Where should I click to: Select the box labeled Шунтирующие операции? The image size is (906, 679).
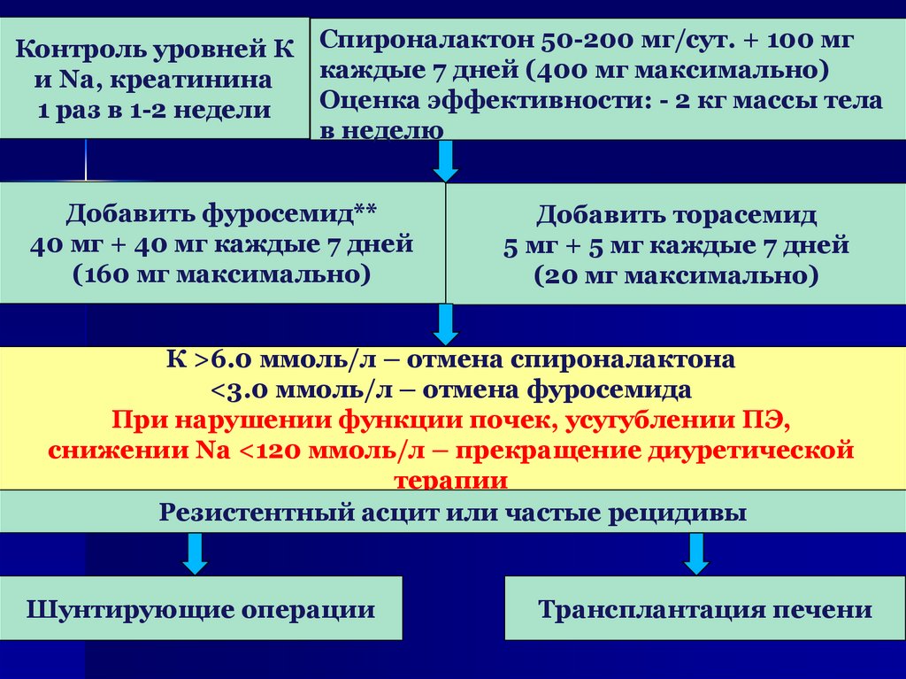pyautogui.click(x=201, y=610)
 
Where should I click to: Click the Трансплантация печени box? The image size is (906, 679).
pyautogui.click(x=705, y=610)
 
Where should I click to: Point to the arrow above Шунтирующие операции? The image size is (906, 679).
pyautogui.click(x=196, y=554)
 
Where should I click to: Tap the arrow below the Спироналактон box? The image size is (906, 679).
pyautogui.click(x=446, y=161)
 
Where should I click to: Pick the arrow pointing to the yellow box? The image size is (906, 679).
pyautogui.click(x=446, y=325)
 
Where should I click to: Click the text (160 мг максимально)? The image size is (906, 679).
pyautogui.click(x=221, y=274)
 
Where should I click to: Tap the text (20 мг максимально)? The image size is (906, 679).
pyautogui.click(x=676, y=275)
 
